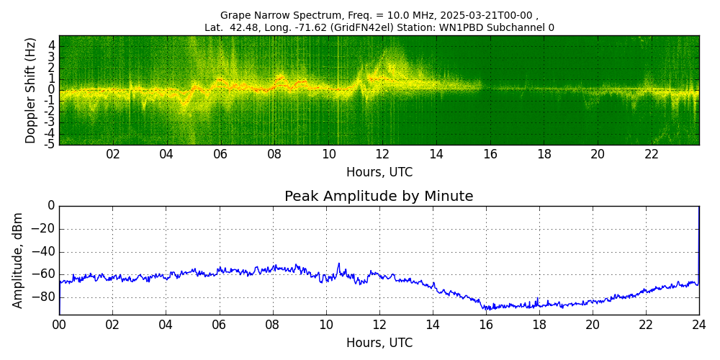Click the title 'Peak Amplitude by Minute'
pyautogui.click(x=379, y=197)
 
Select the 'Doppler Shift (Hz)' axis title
pyautogui.click(x=31, y=90)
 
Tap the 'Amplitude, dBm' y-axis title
pyautogui.click(x=19, y=260)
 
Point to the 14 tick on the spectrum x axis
pyautogui.click(x=436, y=154)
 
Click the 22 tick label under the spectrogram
pyautogui.click(x=652, y=154)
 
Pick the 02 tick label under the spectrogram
pyautogui.click(x=113, y=154)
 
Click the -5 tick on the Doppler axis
pyautogui.click(x=50, y=144)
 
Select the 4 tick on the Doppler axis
pyautogui.click(x=52, y=45)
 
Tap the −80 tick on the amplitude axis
pyautogui.click(x=44, y=297)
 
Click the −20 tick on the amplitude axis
pyautogui.click(x=44, y=229)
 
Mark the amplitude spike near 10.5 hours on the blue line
pyautogui.click(x=338, y=264)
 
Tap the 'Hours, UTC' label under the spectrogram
pyautogui.click(x=379, y=173)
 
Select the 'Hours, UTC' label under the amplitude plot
pyautogui.click(x=379, y=343)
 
